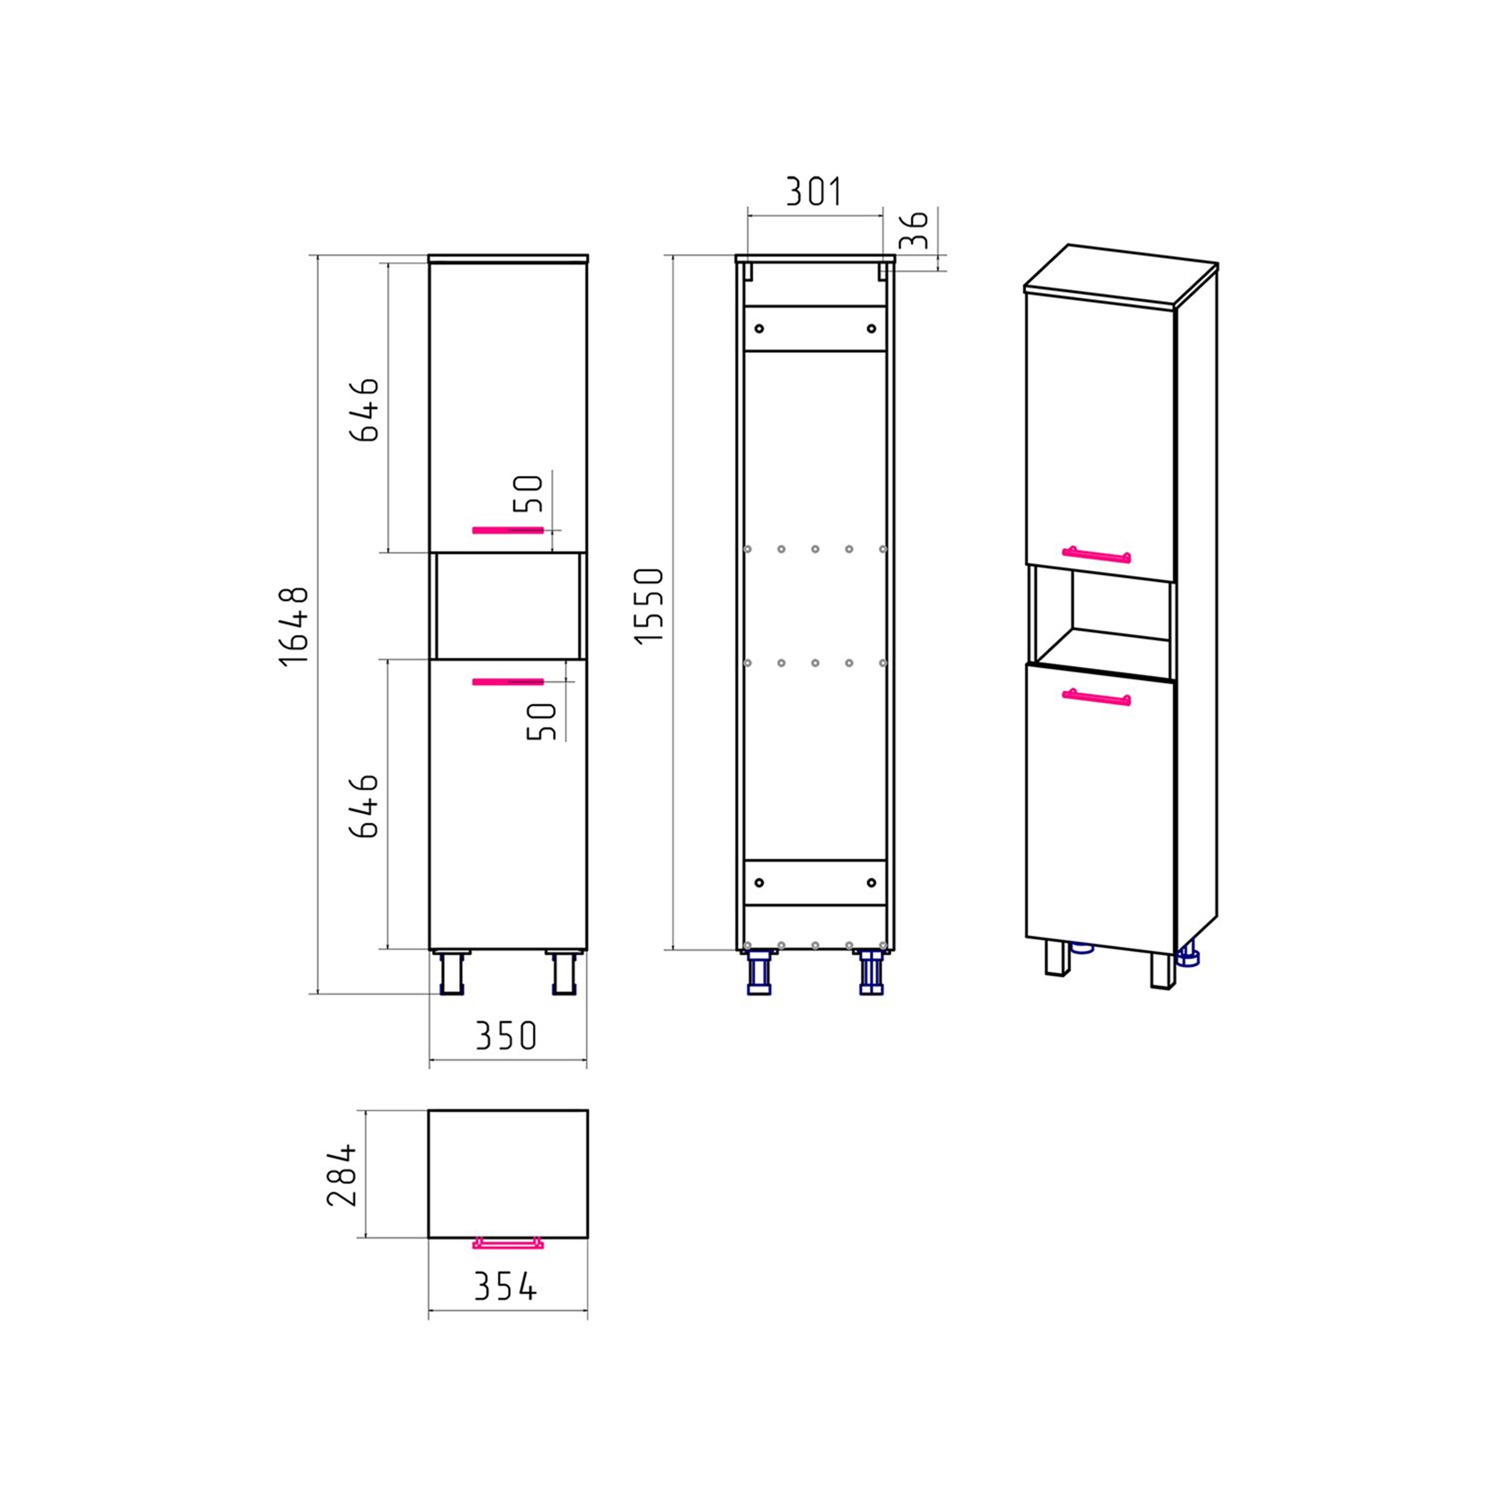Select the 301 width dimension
pyautogui.click(x=814, y=192)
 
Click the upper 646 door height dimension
pyautogui.click(x=365, y=410)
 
